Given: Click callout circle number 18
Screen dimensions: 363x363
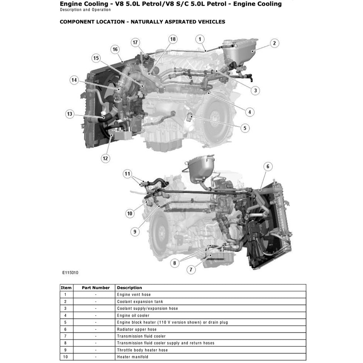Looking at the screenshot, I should [173, 39].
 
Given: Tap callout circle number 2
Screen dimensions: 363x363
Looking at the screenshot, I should [274, 43].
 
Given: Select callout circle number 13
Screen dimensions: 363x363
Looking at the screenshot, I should [70, 114].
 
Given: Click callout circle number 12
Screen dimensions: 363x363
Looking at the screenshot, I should [105, 158].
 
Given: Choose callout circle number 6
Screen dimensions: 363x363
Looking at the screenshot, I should [268, 167].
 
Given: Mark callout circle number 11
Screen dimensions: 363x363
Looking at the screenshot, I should [128, 174].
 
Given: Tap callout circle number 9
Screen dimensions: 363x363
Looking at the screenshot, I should [135, 232].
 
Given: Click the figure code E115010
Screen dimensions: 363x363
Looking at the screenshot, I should [70, 272].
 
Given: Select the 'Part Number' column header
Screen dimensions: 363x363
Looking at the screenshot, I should [96, 288].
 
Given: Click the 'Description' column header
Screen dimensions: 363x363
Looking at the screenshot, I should [129, 288].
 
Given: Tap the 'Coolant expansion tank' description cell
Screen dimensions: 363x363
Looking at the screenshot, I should [140, 302].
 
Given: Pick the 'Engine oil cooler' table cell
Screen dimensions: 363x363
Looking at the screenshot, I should [133, 316].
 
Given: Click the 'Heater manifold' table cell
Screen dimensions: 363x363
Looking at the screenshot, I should [132, 357].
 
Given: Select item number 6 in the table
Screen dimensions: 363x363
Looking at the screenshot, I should [65, 329].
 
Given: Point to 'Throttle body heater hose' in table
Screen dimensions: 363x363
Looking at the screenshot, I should [142, 350].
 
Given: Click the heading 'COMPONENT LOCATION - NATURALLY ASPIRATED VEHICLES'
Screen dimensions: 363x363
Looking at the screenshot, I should [142, 22].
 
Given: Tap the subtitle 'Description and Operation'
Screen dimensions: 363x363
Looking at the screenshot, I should [85, 10].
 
